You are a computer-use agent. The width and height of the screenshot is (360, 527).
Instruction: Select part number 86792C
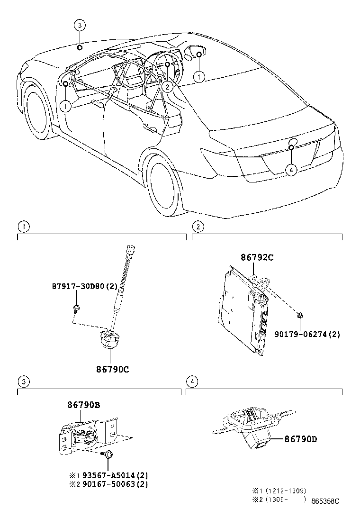pyautogui.click(x=257, y=258)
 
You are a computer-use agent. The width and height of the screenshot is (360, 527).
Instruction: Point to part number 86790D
pyautogui.click(x=300, y=439)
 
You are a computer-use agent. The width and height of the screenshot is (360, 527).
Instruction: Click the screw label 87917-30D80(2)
pyautogui.click(x=84, y=287)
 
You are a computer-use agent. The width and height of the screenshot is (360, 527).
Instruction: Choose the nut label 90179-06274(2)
pyautogui.click(x=307, y=334)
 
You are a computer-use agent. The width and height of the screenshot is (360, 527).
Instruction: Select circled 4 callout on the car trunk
pyautogui.click(x=291, y=169)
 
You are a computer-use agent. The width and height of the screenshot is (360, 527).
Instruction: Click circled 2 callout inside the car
pyautogui.click(x=166, y=86)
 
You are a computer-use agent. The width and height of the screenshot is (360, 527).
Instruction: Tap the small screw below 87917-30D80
pyautogui.click(x=76, y=309)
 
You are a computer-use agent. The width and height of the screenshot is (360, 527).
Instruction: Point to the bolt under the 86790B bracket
pyautogui.click(x=109, y=454)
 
